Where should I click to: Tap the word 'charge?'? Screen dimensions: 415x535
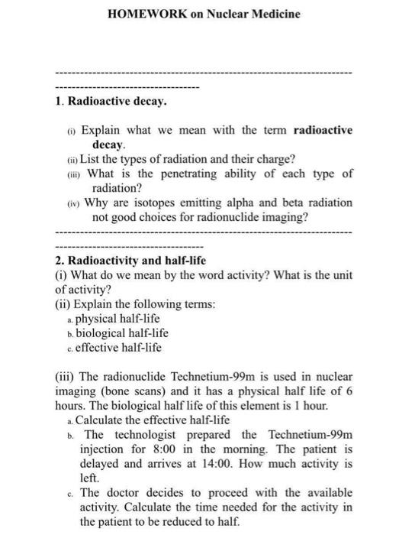pos(275,159)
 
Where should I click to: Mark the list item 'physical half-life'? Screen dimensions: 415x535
pos(117,319)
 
